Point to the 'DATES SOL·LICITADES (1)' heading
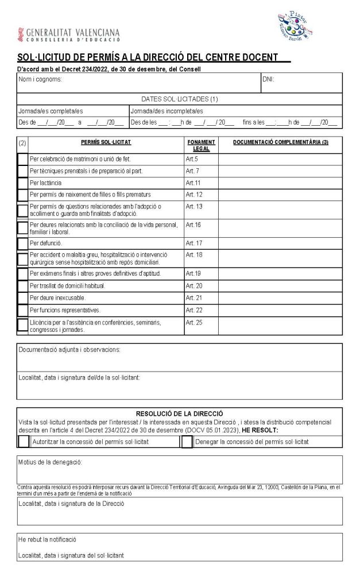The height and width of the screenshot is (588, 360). (180, 99)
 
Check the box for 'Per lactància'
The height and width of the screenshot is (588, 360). (22, 183)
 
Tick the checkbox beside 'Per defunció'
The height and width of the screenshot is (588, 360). (22, 243)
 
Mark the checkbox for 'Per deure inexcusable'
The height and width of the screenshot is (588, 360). (22, 298)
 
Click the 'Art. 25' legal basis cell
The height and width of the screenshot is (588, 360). (194, 323)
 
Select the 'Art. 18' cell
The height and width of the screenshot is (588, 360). (194, 254)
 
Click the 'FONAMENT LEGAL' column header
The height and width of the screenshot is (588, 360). (201, 145)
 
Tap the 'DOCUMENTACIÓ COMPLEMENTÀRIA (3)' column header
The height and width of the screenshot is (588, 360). (280, 142)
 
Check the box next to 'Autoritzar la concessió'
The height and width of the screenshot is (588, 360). (24, 442)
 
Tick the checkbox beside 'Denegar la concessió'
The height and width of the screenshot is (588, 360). (187, 442)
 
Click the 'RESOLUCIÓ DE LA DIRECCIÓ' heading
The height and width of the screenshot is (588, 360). (180, 413)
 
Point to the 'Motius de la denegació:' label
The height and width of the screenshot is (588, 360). (50, 462)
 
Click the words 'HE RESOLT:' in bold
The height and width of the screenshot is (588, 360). (260, 430)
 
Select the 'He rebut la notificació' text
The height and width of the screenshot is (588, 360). (47, 539)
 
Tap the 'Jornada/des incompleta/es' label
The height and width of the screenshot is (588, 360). (167, 111)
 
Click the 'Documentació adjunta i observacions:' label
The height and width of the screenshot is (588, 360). (69, 349)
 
